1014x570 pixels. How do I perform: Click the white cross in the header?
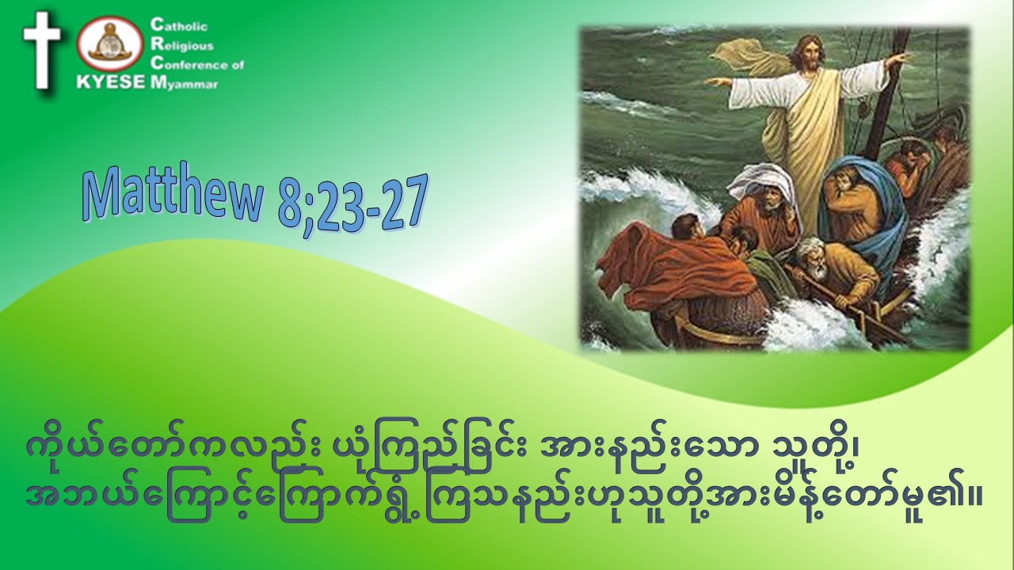pyautogui.click(x=42, y=50)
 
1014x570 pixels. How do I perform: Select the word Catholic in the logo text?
pyautogui.click(x=179, y=26)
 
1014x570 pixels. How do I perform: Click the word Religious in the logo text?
pyautogui.click(x=182, y=45)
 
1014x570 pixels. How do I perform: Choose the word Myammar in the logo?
pyautogui.click(x=185, y=83)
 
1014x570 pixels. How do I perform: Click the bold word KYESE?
pyautogui.click(x=111, y=83)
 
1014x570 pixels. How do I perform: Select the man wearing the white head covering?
pyautogui.click(x=765, y=199)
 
